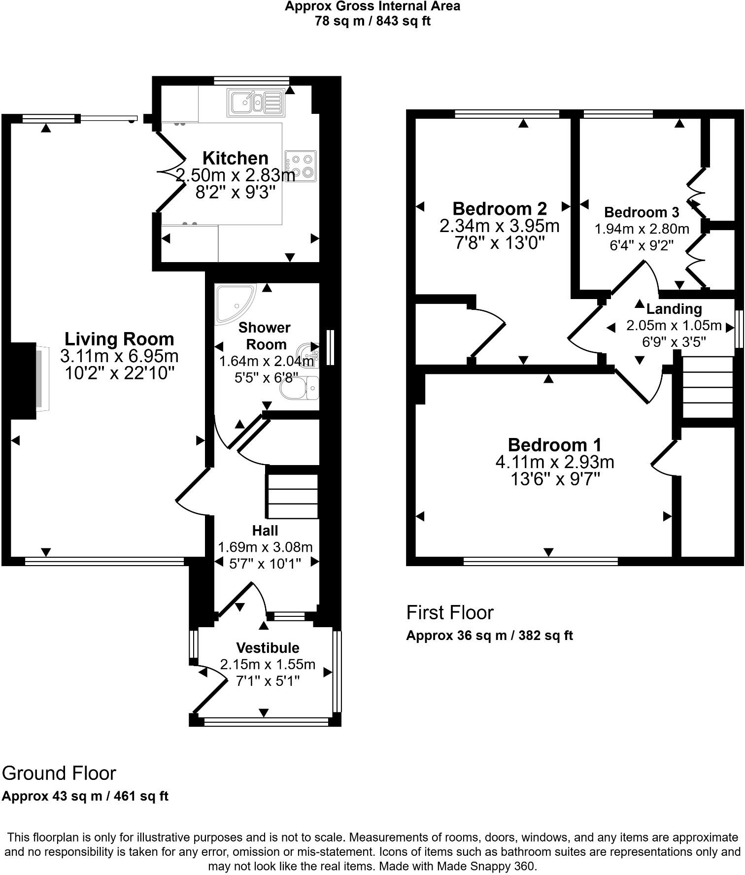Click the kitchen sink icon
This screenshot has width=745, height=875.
pos(256,102)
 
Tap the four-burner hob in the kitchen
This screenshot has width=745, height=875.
pos(301,166)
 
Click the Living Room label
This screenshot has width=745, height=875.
pos(119,339)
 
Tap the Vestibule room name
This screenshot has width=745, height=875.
pos(268,647)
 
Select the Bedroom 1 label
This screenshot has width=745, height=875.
pos(554,445)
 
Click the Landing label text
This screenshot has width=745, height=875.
pos(674,309)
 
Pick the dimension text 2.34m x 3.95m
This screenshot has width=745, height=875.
pos(499,226)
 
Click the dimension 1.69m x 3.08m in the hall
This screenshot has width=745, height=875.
pos(265,547)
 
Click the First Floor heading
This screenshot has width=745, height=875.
pos(449,612)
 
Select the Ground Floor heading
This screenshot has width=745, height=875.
pos(59,773)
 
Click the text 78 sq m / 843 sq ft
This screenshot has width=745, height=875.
pos(372,21)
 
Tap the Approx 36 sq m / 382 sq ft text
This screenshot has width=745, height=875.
pos(489,636)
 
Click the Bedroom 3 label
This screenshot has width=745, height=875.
pos(641,212)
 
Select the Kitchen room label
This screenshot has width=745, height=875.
pos(236,158)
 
